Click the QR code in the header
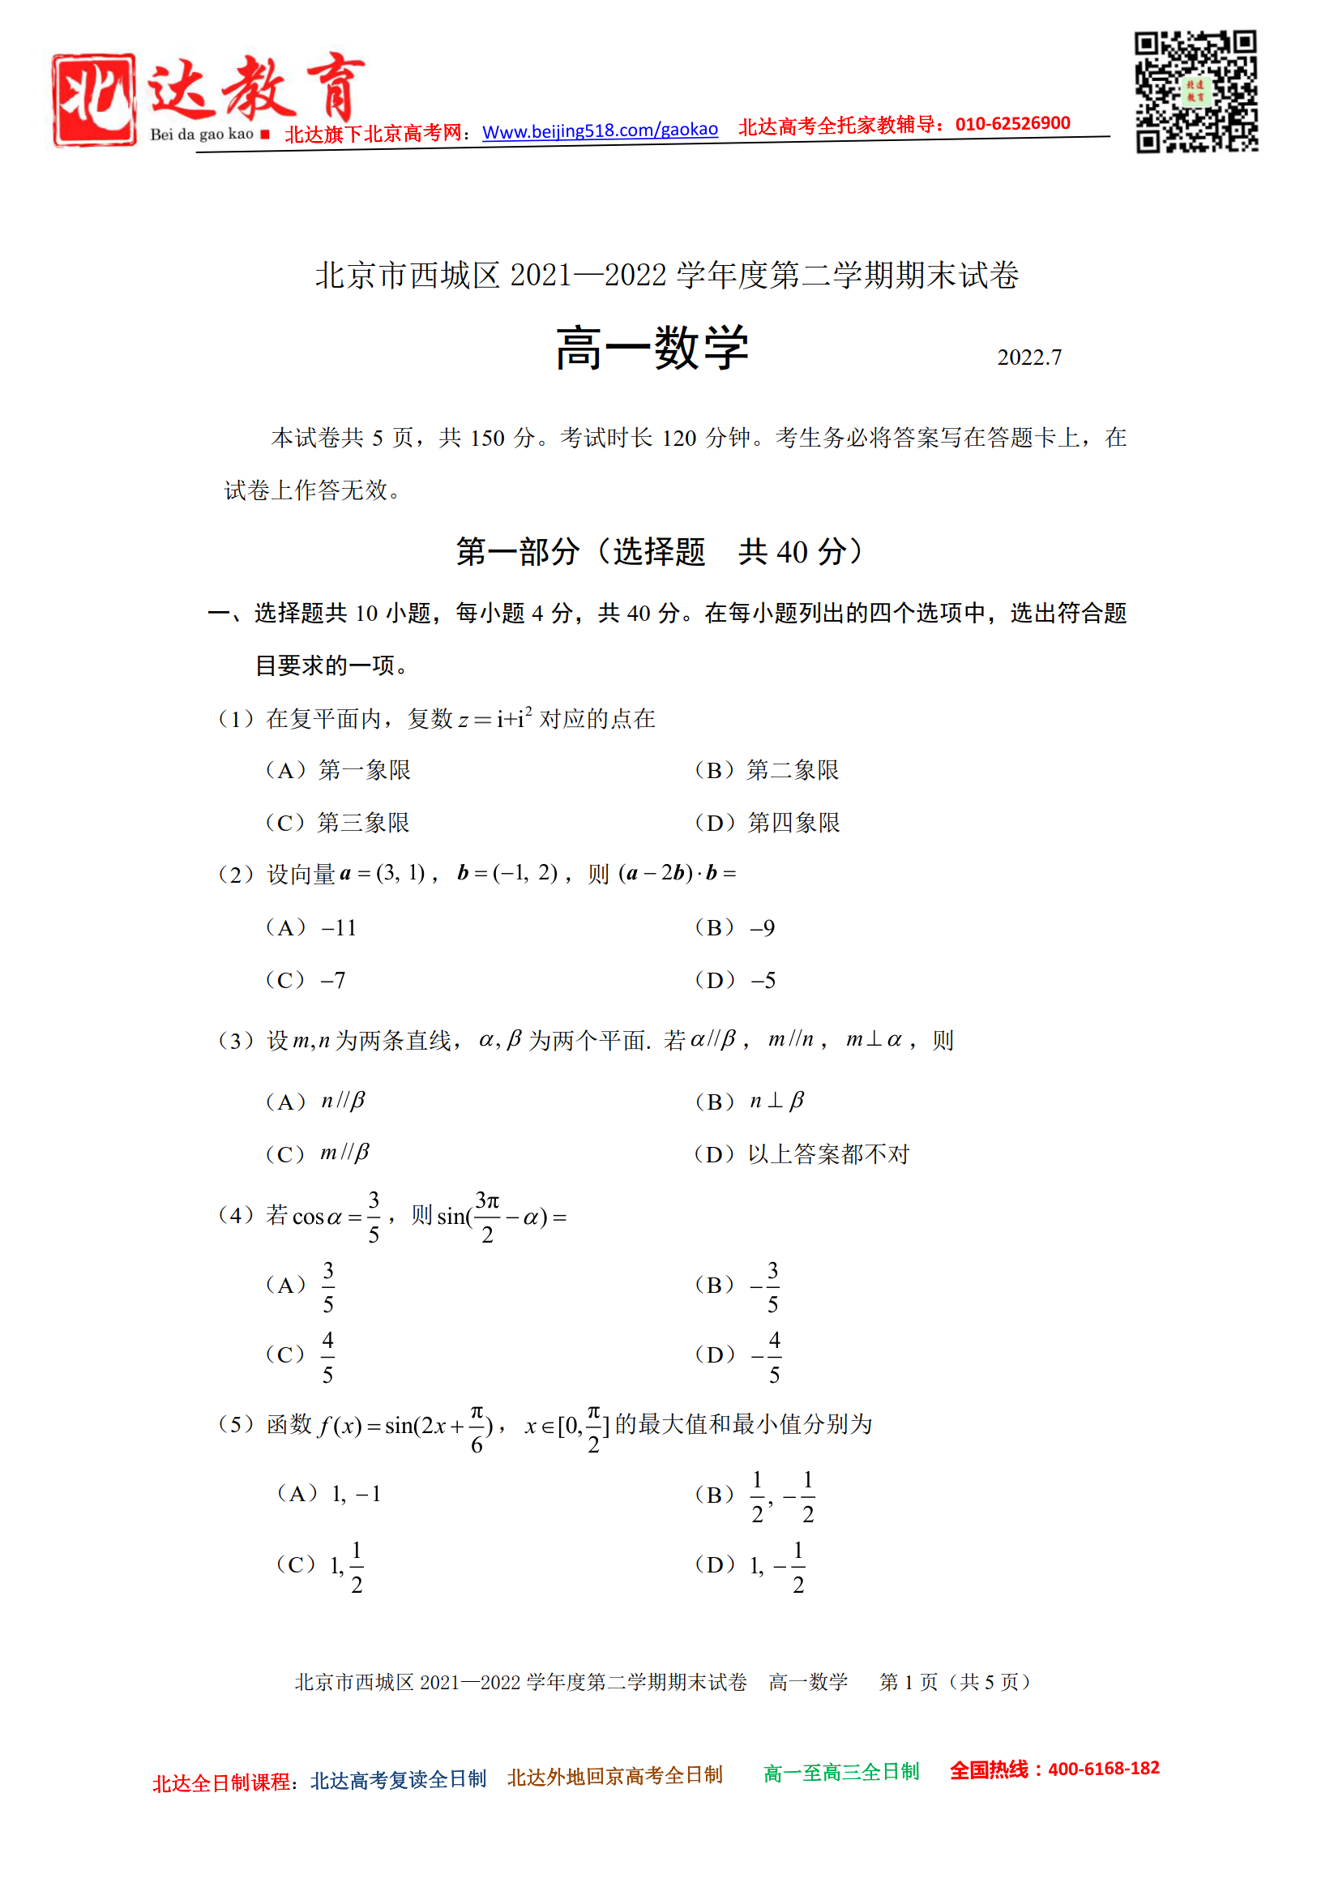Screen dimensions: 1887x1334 (1196, 92)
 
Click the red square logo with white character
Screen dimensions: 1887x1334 (94, 101)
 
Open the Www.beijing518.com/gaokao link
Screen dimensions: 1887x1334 (600, 131)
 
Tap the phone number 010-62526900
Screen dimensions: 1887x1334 (1012, 124)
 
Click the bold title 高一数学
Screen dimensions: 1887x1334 (652, 348)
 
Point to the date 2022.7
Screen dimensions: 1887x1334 (1029, 357)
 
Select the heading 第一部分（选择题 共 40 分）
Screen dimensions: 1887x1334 (659, 551)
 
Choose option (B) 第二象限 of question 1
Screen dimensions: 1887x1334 (767, 770)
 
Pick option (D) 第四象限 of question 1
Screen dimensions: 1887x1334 (767, 823)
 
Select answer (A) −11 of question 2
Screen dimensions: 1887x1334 (311, 928)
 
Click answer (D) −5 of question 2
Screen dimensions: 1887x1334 (735, 980)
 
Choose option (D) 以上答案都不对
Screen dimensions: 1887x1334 (802, 1154)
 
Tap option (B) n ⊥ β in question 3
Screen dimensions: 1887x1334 (750, 1102)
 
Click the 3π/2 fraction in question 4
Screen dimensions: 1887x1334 (487, 1217)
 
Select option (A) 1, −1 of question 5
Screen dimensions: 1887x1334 (330, 1493)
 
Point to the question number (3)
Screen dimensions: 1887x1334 (236, 1041)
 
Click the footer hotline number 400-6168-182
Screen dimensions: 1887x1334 (1103, 1769)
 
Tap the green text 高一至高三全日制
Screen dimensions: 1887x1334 (840, 1773)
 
